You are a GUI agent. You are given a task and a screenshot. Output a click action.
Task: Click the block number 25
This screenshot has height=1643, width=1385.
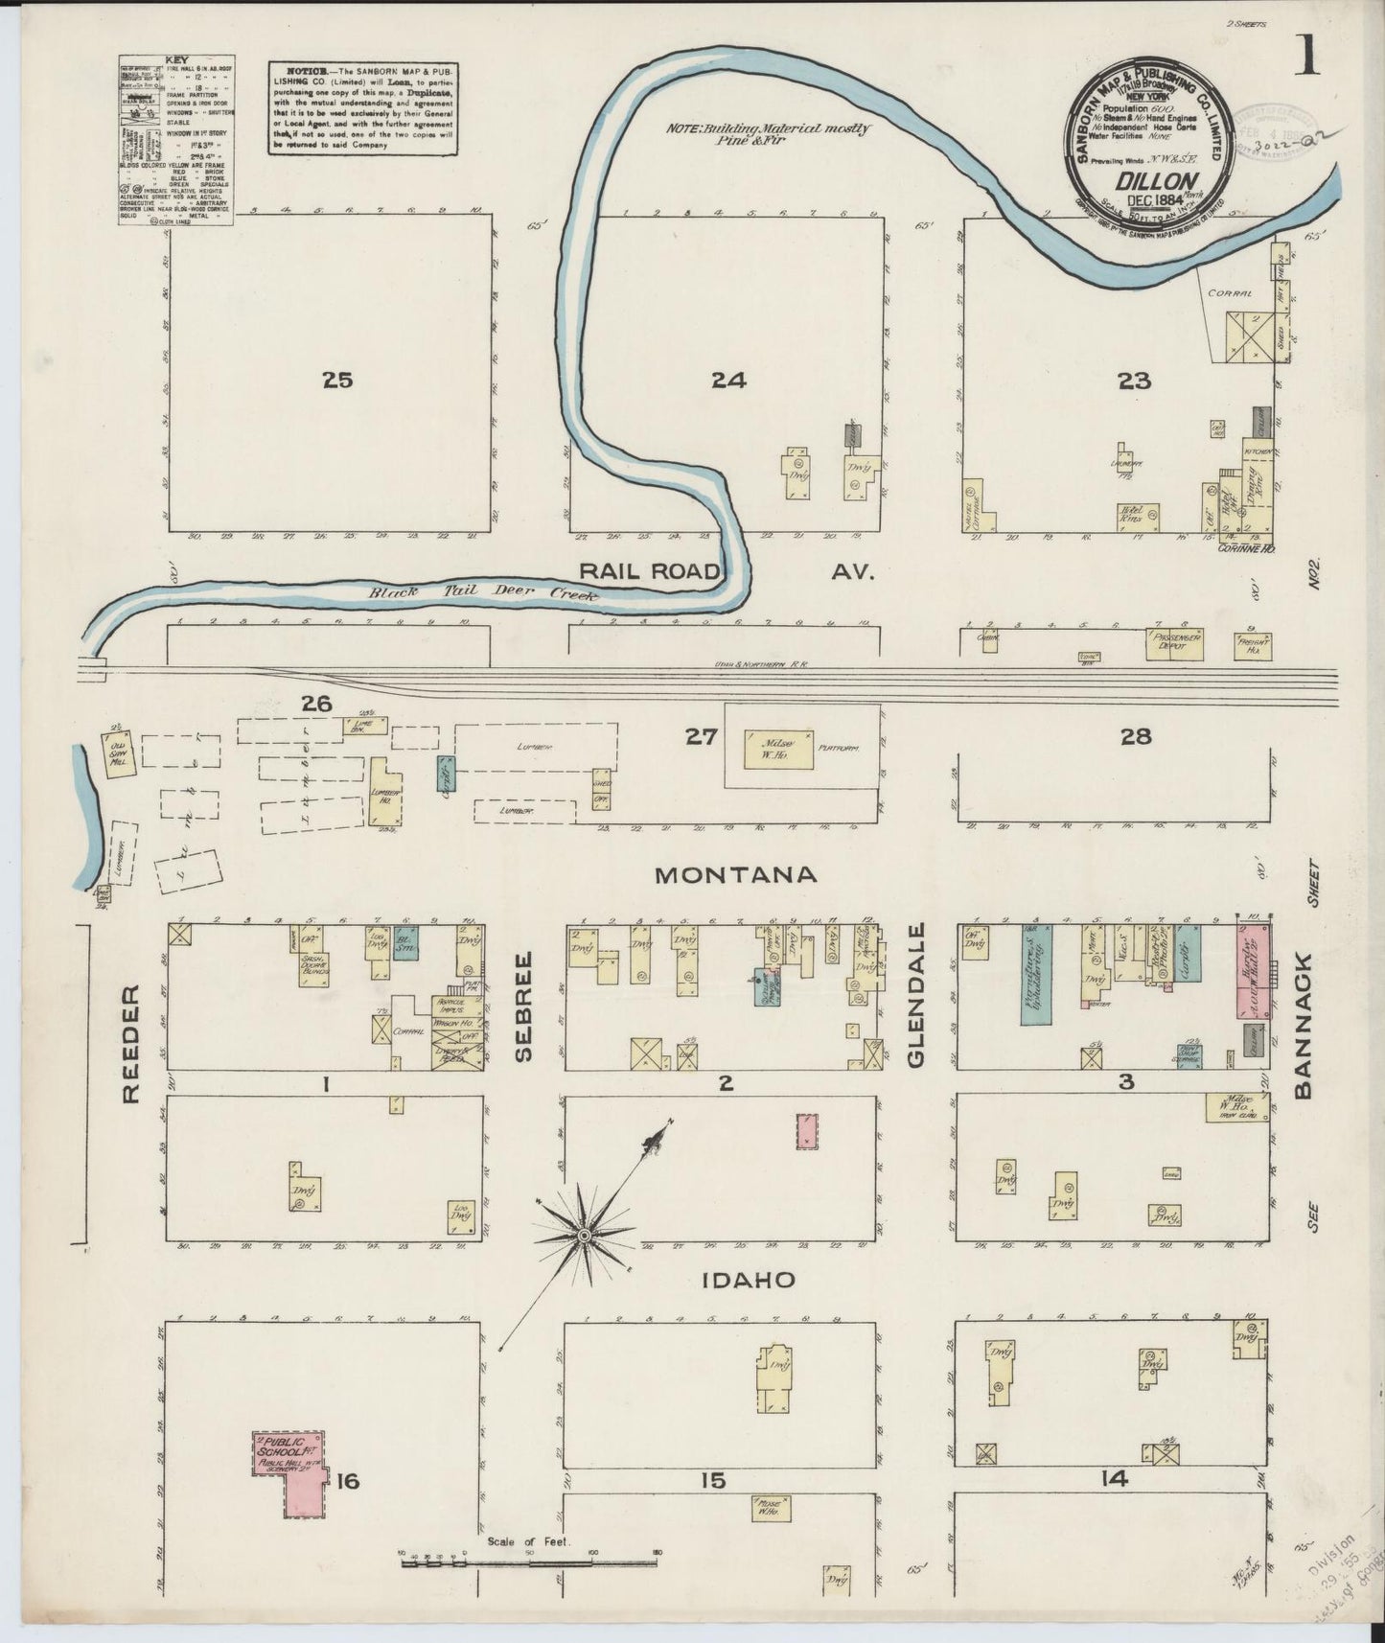(x=337, y=381)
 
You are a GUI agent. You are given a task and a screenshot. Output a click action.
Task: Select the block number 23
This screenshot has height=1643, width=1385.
(x=1133, y=382)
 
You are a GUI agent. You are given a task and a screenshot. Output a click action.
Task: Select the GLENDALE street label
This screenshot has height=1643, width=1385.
(x=915, y=995)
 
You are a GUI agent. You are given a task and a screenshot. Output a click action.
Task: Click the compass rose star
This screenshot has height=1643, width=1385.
(x=582, y=1238)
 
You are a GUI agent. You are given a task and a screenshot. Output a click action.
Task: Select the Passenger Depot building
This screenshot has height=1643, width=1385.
(x=1176, y=643)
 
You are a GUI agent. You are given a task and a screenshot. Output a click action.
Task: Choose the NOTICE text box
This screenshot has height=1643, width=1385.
(x=361, y=108)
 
